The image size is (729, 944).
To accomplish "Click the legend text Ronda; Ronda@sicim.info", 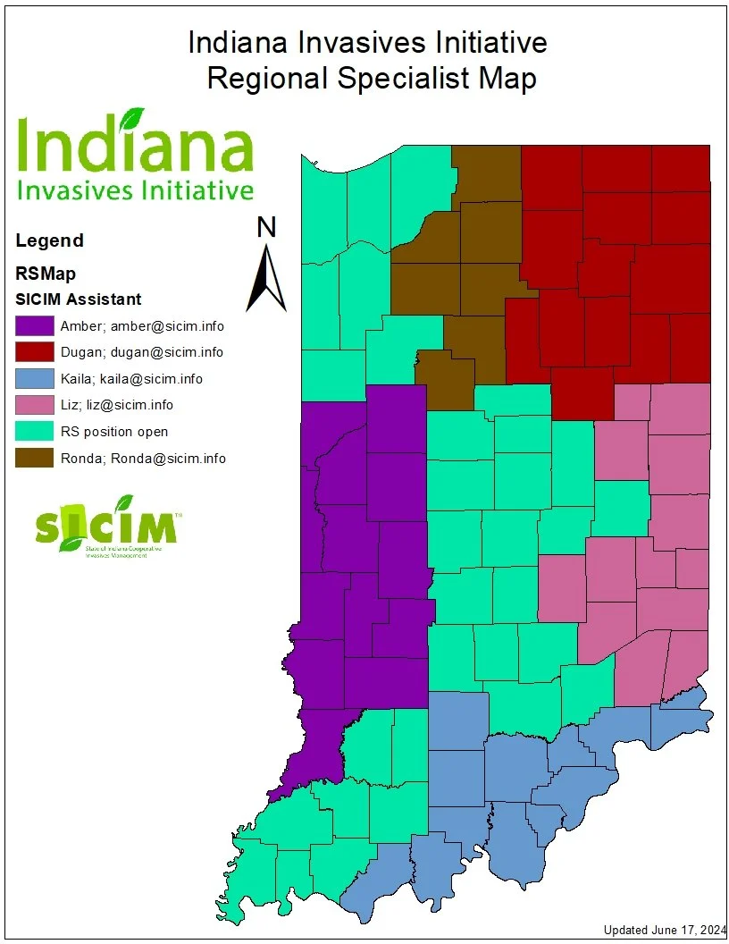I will [x=143, y=459].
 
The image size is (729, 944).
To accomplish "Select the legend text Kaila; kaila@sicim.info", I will [x=131, y=378].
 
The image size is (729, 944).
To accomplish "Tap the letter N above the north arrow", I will [x=266, y=228].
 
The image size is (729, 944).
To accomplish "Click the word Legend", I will [x=50, y=240].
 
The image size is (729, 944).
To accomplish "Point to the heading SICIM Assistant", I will [x=79, y=299].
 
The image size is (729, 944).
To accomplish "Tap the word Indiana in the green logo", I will [x=135, y=149].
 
